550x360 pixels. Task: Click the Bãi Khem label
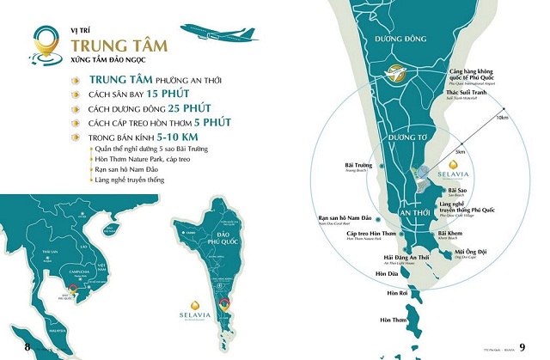click(450, 234)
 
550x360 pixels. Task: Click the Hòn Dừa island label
click(376, 275)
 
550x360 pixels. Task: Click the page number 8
click(27, 346)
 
